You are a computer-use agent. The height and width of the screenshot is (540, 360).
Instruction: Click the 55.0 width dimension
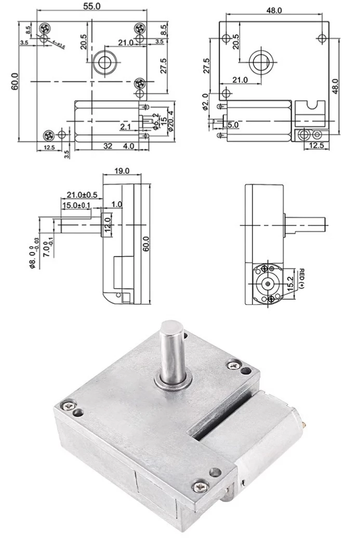click(x=91, y=6)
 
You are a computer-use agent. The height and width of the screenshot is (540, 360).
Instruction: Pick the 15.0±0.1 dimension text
click(x=76, y=206)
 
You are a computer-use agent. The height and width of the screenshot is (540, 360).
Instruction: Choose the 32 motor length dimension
click(x=108, y=147)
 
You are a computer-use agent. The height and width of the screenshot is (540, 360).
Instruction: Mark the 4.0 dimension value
click(x=128, y=147)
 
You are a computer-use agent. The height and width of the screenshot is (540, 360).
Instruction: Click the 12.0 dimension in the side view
click(x=108, y=225)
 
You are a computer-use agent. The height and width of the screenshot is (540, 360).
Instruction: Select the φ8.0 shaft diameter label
click(x=32, y=253)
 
